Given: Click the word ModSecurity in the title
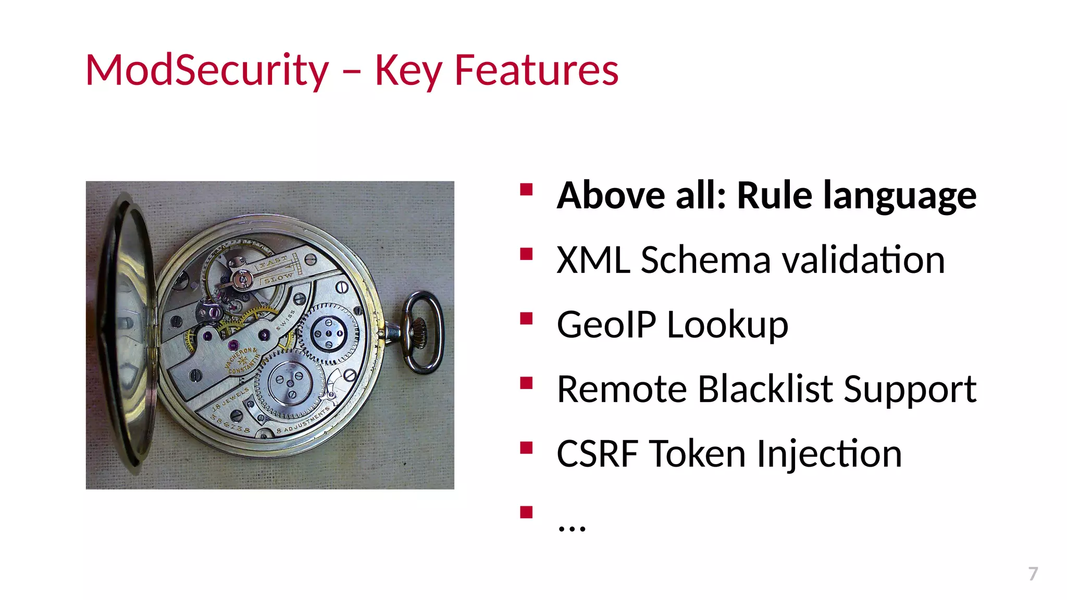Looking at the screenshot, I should point(207,70).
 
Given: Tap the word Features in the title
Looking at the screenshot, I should point(536,70).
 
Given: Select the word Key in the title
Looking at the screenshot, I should point(408,71).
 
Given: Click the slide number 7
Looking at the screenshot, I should point(1033,573).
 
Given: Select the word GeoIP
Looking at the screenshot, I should point(606,324).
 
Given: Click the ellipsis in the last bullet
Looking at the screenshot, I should point(572,527).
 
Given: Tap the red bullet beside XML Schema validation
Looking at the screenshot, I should point(526,254).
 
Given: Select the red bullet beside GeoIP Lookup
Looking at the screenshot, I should point(526,318).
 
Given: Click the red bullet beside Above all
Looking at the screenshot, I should point(526,189).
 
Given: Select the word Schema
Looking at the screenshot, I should point(705,260).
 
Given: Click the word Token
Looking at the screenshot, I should point(698,454).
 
